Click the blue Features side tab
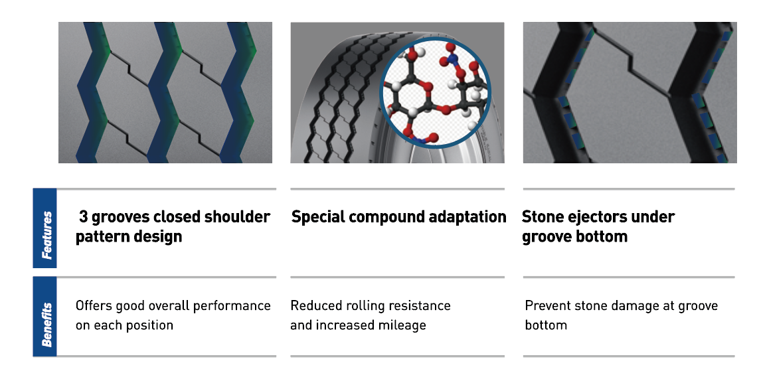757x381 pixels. (45, 228)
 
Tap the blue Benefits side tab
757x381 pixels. (45, 317)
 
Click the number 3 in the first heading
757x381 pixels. (84, 217)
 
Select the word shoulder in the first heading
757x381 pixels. (237, 217)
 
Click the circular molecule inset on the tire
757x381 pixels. (436, 93)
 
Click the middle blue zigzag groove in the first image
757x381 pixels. (164, 93)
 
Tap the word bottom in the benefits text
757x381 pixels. (546, 325)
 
